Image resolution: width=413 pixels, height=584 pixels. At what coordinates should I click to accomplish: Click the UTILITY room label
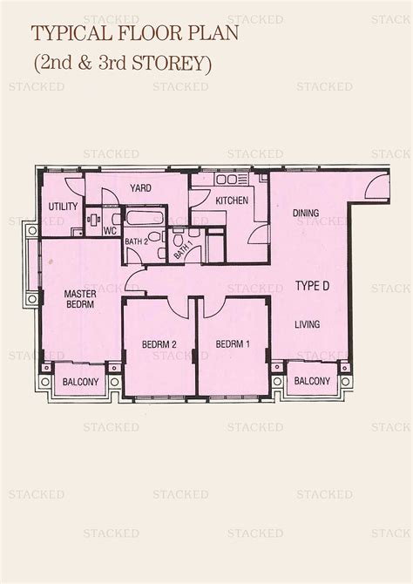tap(63, 207)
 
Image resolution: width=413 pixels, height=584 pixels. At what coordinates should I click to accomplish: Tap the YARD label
tap(142, 187)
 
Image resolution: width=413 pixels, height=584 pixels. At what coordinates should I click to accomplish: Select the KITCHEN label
tap(231, 200)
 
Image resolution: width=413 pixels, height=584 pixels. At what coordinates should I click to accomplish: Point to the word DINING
tap(305, 213)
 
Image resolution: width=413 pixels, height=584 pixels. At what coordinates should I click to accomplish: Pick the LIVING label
tap(307, 324)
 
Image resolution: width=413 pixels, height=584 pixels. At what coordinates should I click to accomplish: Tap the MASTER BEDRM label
tap(81, 300)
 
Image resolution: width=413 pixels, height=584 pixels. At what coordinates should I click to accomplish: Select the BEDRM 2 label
tap(159, 344)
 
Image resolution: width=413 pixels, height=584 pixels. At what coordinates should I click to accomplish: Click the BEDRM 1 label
tap(234, 344)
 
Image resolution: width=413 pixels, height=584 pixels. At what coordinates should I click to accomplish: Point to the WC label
tap(111, 231)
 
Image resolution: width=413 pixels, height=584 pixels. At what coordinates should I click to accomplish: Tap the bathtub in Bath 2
tap(139, 217)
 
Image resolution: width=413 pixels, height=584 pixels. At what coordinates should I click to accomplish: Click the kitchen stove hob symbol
tap(228, 181)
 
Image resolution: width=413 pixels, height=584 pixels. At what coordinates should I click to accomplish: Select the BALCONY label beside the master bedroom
tap(78, 381)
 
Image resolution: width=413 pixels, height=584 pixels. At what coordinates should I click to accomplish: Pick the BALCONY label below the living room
tap(311, 381)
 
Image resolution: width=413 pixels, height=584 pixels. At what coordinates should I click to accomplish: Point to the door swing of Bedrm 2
tap(177, 306)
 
